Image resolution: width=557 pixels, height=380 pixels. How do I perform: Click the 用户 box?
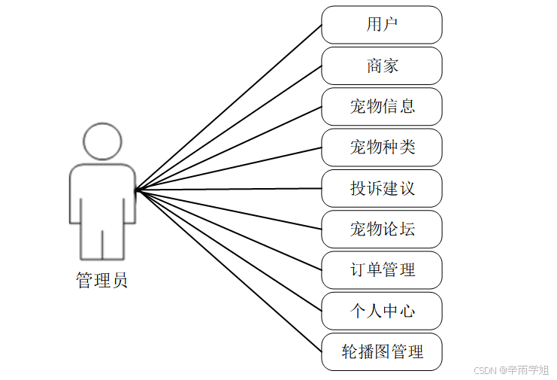tap(381, 25)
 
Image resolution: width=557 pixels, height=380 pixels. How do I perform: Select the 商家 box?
tap(381, 65)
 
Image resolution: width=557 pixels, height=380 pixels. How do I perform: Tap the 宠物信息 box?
tap(381, 106)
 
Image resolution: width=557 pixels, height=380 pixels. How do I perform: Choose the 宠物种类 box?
tap(381, 147)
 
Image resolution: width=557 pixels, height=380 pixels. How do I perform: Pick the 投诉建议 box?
tap(381, 188)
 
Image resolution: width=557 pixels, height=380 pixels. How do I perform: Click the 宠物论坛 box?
tap(381, 229)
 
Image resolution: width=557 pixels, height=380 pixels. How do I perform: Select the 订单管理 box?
tap(381, 269)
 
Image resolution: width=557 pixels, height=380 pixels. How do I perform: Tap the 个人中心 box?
tap(381, 311)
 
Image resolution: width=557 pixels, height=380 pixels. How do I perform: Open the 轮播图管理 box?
tap(381, 351)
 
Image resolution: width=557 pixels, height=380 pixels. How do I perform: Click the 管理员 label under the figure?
tap(102, 281)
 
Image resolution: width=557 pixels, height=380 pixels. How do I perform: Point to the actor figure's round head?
tap(102, 141)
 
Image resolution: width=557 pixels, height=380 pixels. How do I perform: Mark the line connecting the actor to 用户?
tap(229, 107)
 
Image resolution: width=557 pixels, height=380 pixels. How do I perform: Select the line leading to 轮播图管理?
tap(229, 271)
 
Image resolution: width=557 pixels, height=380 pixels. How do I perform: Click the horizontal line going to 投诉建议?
tap(229, 189)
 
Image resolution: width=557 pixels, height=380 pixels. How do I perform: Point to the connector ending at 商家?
tap(229, 127)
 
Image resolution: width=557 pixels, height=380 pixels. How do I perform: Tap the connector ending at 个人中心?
tap(229, 251)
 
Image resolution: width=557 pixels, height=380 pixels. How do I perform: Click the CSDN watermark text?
tap(512, 369)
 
